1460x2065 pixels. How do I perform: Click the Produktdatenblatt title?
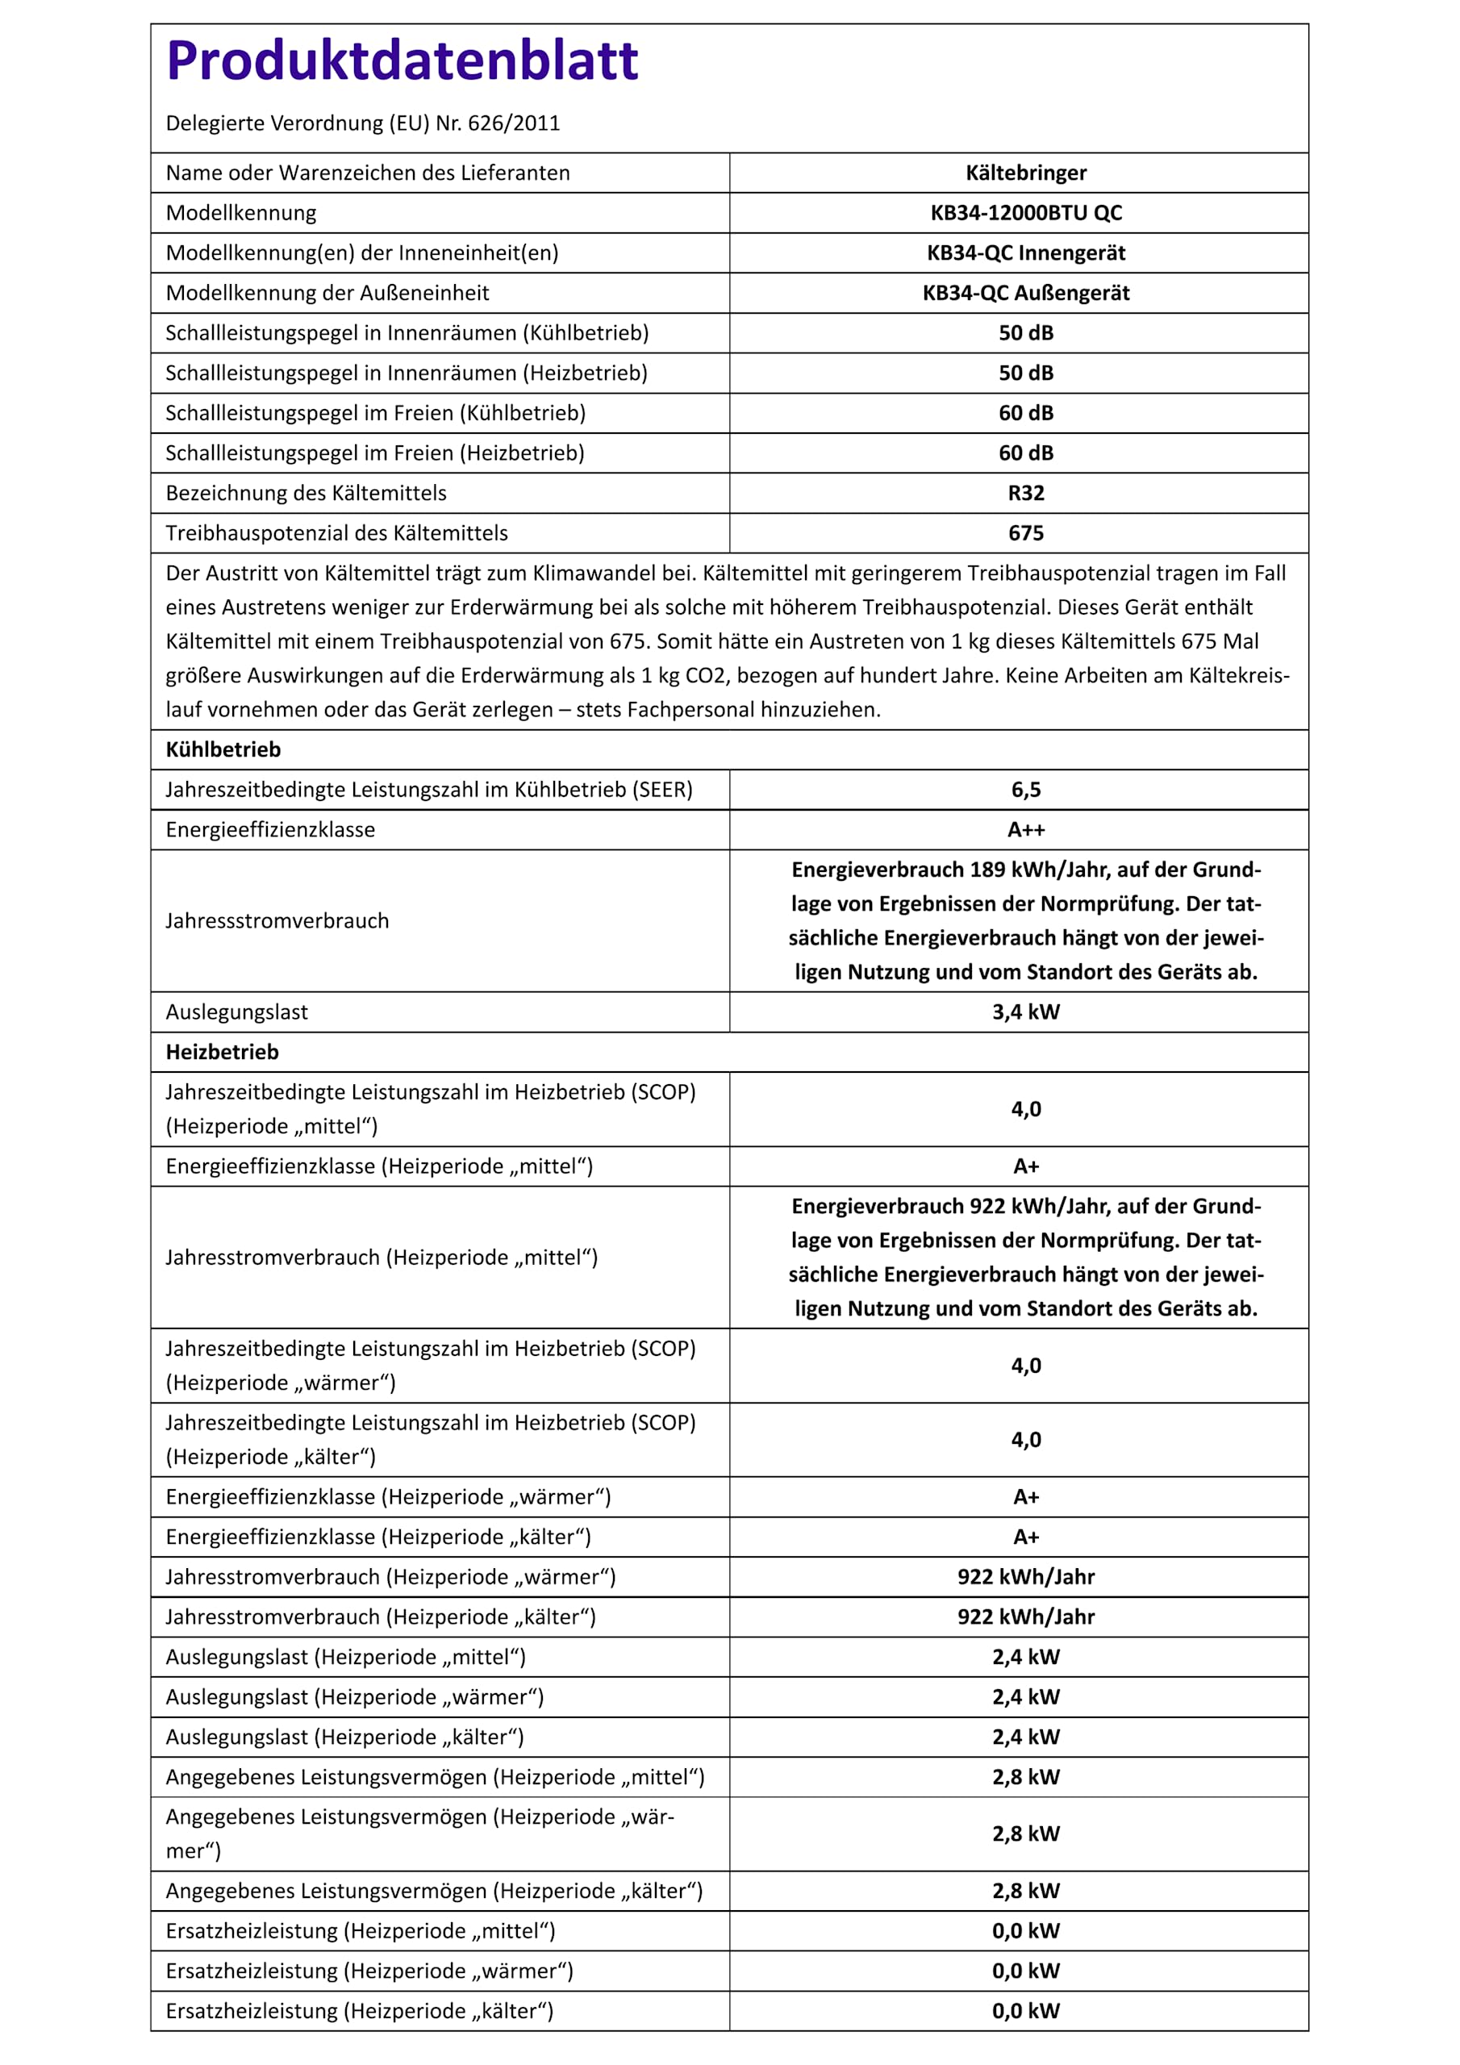click(x=403, y=61)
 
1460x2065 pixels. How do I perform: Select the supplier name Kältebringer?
click(x=1025, y=173)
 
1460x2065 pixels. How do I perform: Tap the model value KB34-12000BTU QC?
click(x=1025, y=213)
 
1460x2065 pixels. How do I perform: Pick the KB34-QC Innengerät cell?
click(x=1025, y=252)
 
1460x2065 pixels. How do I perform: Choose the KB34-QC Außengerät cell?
click(x=1025, y=293)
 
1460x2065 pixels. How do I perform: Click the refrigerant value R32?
click(x=1025, y=493)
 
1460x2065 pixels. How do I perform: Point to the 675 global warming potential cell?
click(x=1025, y=533)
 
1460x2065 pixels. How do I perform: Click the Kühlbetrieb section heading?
click(x=223, y=749)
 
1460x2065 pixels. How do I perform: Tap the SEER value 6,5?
click(x=1025, y=790)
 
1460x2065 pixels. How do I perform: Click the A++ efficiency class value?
click(x=1025, y=829)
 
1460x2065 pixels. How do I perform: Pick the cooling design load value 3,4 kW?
click(x=1025, y=1012)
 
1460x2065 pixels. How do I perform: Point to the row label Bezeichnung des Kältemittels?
click(x=306, y=493)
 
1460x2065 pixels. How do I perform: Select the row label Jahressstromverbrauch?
click(x=277, y=921)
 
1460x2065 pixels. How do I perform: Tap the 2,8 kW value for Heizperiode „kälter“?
click(x=1025, y=1891)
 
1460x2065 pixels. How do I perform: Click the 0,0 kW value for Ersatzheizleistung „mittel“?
click(x=1025, y=1930)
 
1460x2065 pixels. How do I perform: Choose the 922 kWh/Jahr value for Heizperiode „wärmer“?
click(x=1025, y=1577)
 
